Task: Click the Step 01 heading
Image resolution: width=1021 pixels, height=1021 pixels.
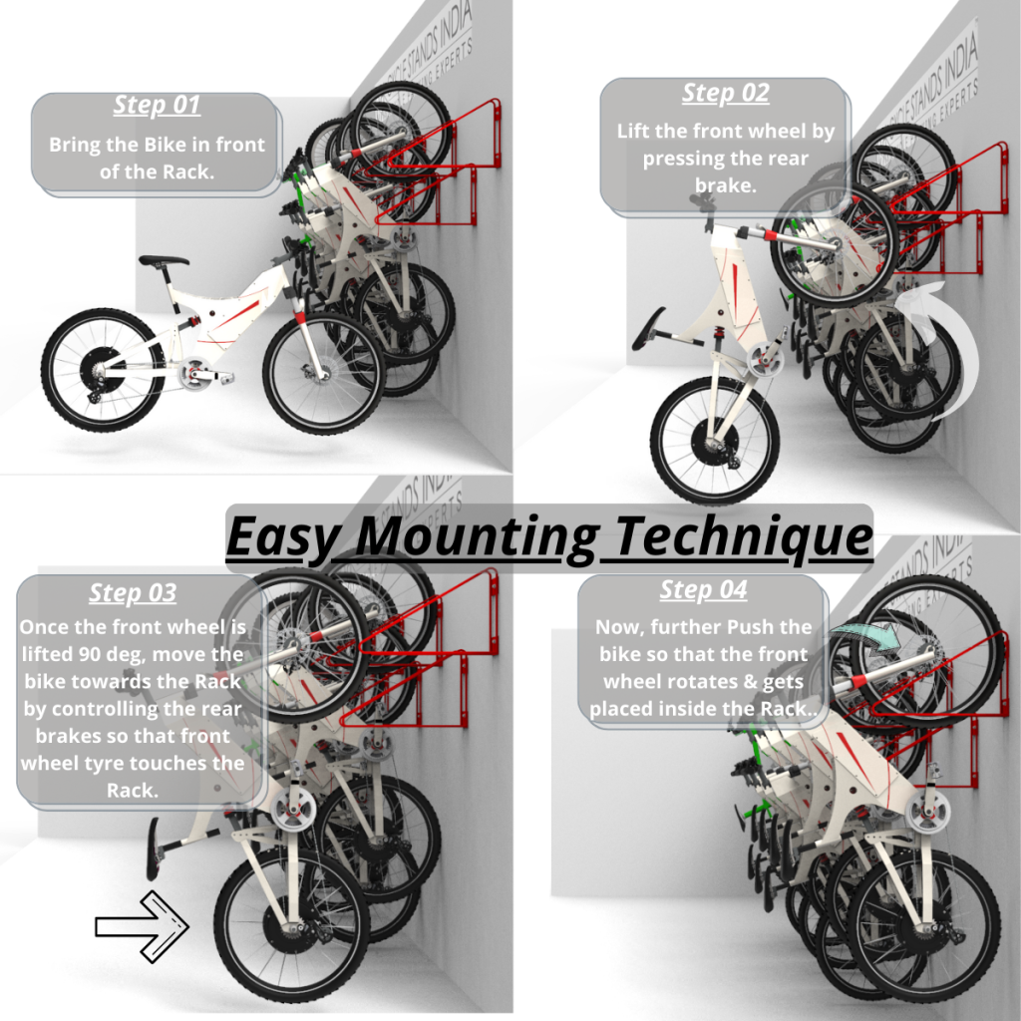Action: click(x=157, y=105)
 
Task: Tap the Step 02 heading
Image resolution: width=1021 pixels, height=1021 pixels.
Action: click(x=726, y=93)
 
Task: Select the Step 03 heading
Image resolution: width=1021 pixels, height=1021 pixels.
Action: click(x=133, y=592)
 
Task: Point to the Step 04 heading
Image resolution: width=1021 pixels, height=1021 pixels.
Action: click(x=703, y=589)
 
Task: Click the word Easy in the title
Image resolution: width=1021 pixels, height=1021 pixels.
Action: click(x=288, y=537)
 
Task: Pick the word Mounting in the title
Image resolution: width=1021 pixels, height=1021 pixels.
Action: click(x=477, y=537)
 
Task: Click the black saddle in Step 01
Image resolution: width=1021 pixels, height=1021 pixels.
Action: click(x=164, y=261)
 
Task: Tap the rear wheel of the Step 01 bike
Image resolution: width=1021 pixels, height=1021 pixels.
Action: click(x=103, y=370)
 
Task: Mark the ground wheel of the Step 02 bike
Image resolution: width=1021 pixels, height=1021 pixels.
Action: click(x=715, y=439)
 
